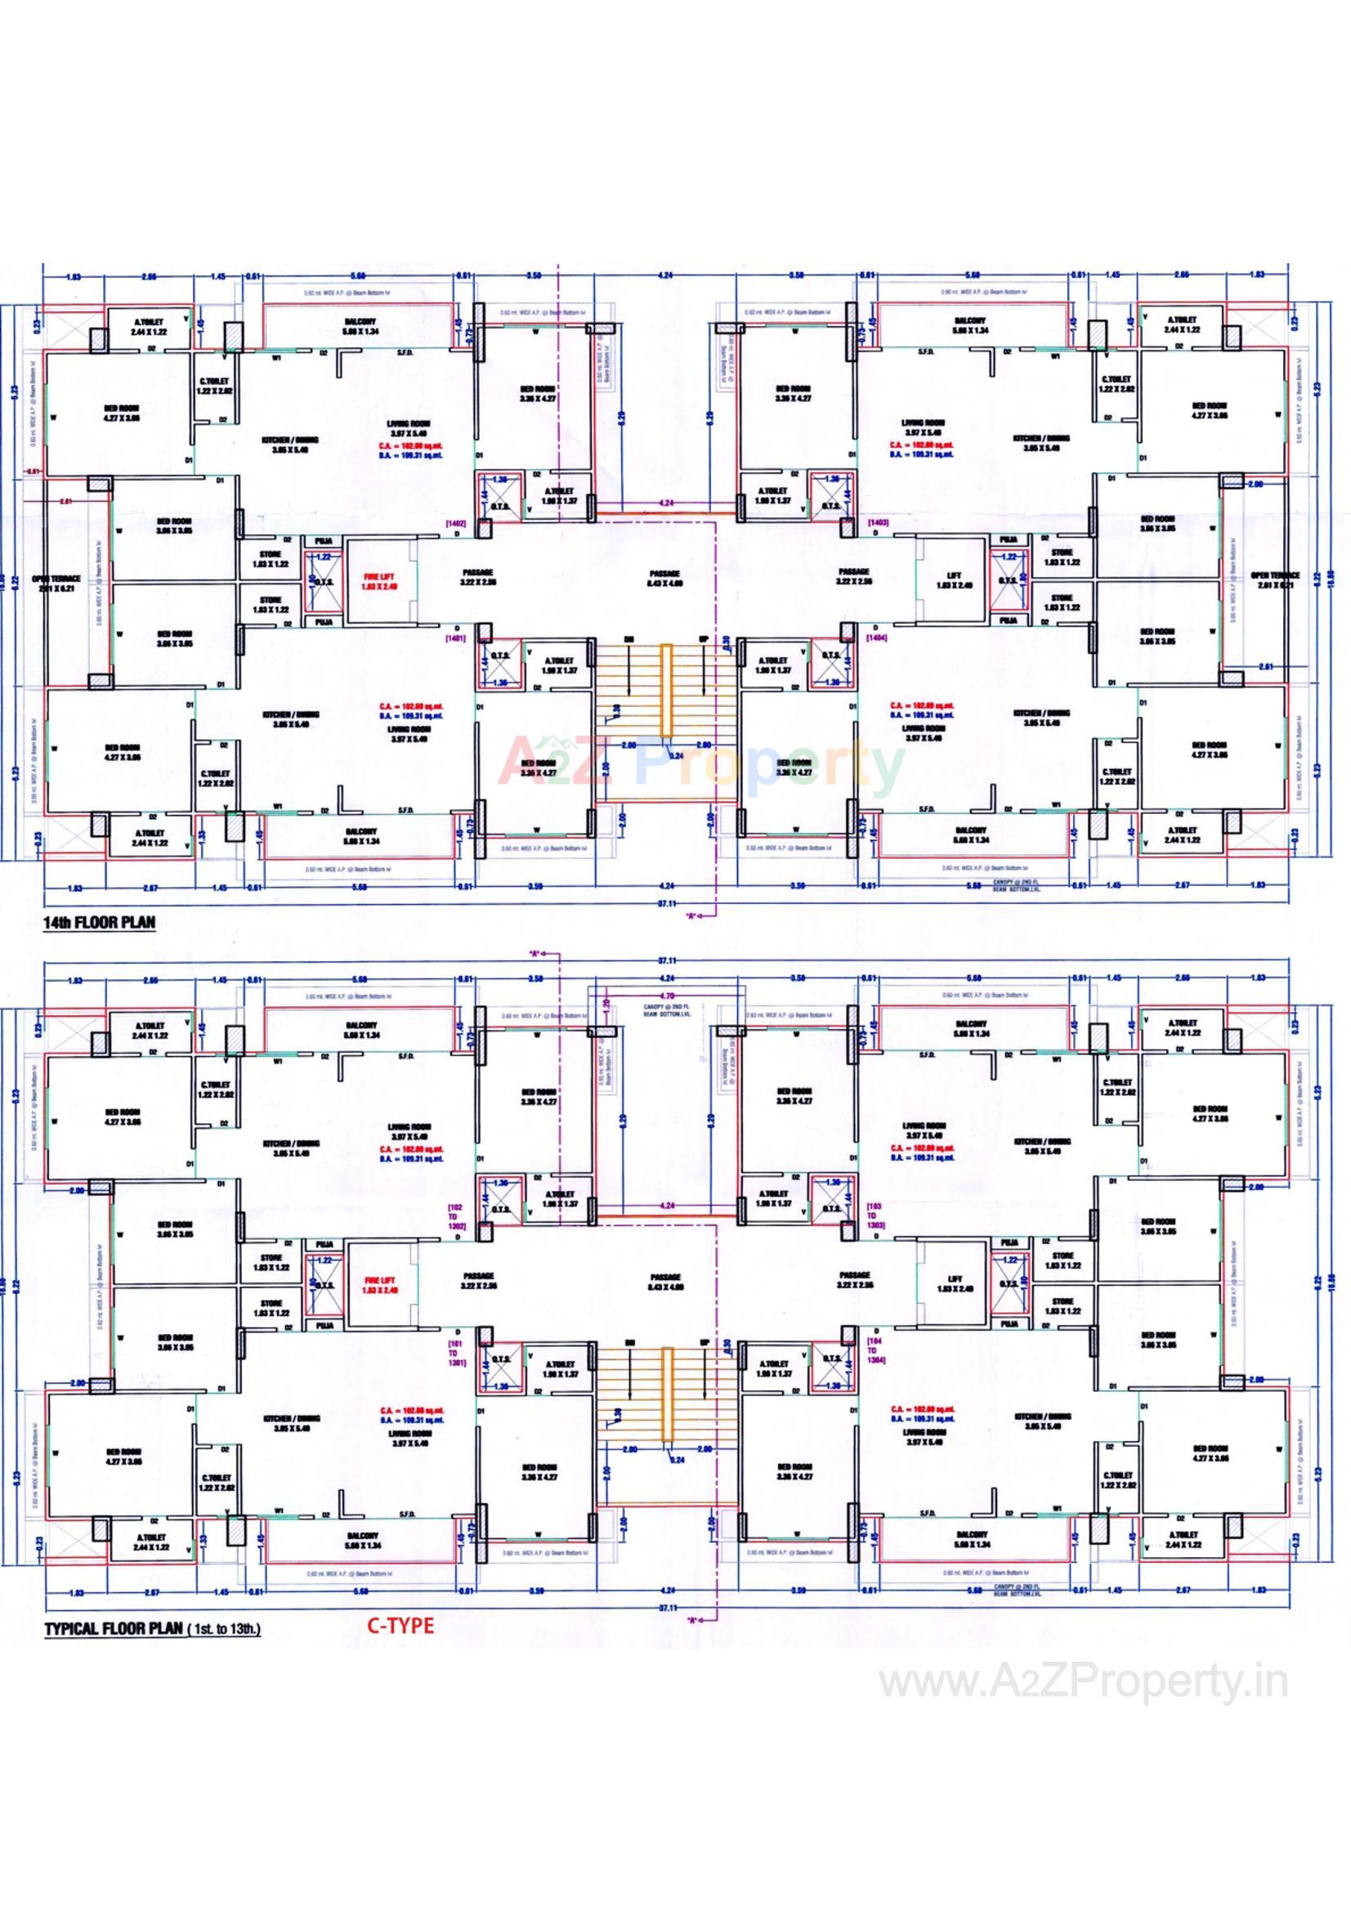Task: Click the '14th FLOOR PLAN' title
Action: coord(98,922)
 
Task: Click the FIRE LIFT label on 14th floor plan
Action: coord(381,580)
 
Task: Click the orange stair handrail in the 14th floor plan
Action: coord(666,690)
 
